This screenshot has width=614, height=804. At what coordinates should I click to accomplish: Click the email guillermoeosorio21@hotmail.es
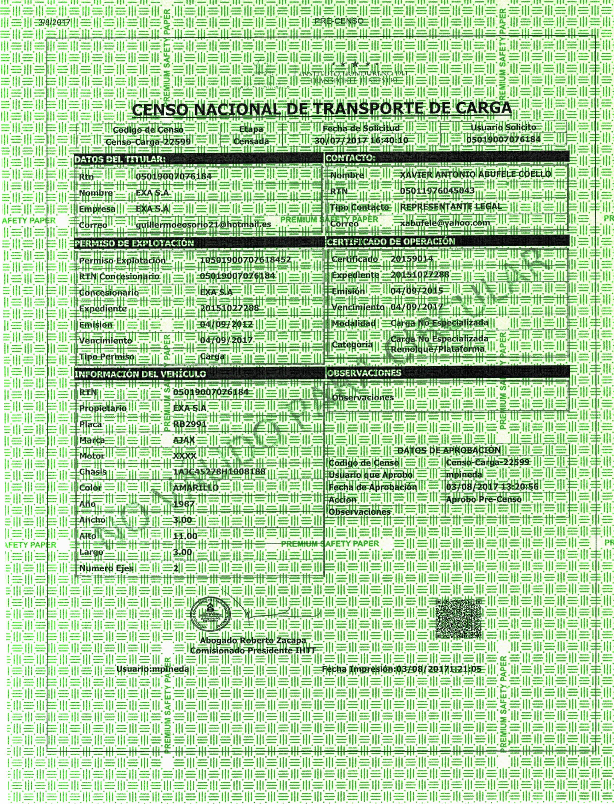[203, 224]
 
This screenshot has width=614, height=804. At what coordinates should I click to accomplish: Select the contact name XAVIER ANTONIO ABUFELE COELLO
[475, 174]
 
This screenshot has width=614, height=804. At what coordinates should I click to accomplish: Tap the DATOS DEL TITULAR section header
[120, 159]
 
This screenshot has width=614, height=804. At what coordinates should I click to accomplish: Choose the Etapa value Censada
[251, 141]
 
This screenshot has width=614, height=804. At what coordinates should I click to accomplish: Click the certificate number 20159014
[412, 259]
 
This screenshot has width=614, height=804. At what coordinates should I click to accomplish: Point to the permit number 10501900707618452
[246, 260]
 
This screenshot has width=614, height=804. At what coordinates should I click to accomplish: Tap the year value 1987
[184, 504]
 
